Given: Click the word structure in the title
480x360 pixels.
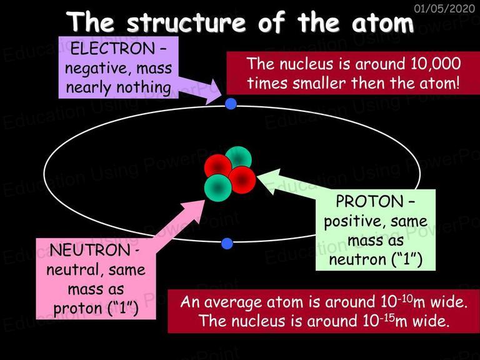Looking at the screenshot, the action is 186,22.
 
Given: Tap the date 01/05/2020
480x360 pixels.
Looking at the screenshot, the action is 444,9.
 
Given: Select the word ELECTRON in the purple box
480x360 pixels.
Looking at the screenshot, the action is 112,49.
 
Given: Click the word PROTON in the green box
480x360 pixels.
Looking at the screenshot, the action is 369,201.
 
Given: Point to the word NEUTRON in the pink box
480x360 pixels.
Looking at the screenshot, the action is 90,250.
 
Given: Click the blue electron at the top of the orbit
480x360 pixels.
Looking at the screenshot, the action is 231,104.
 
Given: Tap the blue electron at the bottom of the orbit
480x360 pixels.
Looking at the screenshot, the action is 227,244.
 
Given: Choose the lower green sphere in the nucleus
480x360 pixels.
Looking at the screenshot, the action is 217,188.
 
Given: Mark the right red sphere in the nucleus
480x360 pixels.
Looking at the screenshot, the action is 242,180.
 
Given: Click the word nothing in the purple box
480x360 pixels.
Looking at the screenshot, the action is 144,88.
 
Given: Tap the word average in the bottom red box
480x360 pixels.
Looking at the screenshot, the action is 233,302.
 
